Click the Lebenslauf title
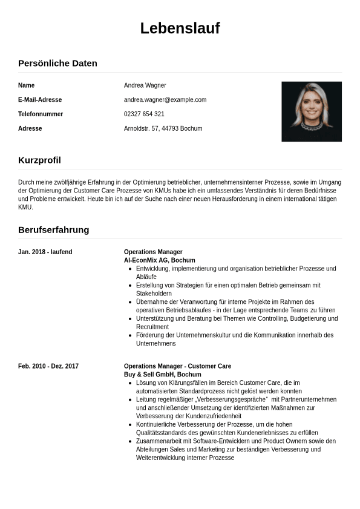coord(180,28)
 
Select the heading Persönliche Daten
coord(57,64)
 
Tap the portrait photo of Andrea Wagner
coord(311,111)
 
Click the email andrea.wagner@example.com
coord(165,100)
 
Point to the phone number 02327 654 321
coord(144,114)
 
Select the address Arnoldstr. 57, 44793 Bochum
coord(163,129)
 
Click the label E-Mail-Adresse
coord(40,100)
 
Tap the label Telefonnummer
coord(41,114)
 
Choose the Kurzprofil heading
coord(39,160)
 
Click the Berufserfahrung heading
coord(53,230)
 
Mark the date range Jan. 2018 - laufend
coord(45,252)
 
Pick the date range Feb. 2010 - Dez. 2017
coord(48,366)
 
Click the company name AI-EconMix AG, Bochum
coord(159,260)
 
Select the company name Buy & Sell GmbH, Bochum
coord(162,375)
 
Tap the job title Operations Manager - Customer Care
coord(177,366)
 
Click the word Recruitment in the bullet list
coord(153,327)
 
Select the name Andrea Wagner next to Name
coord(145,85)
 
